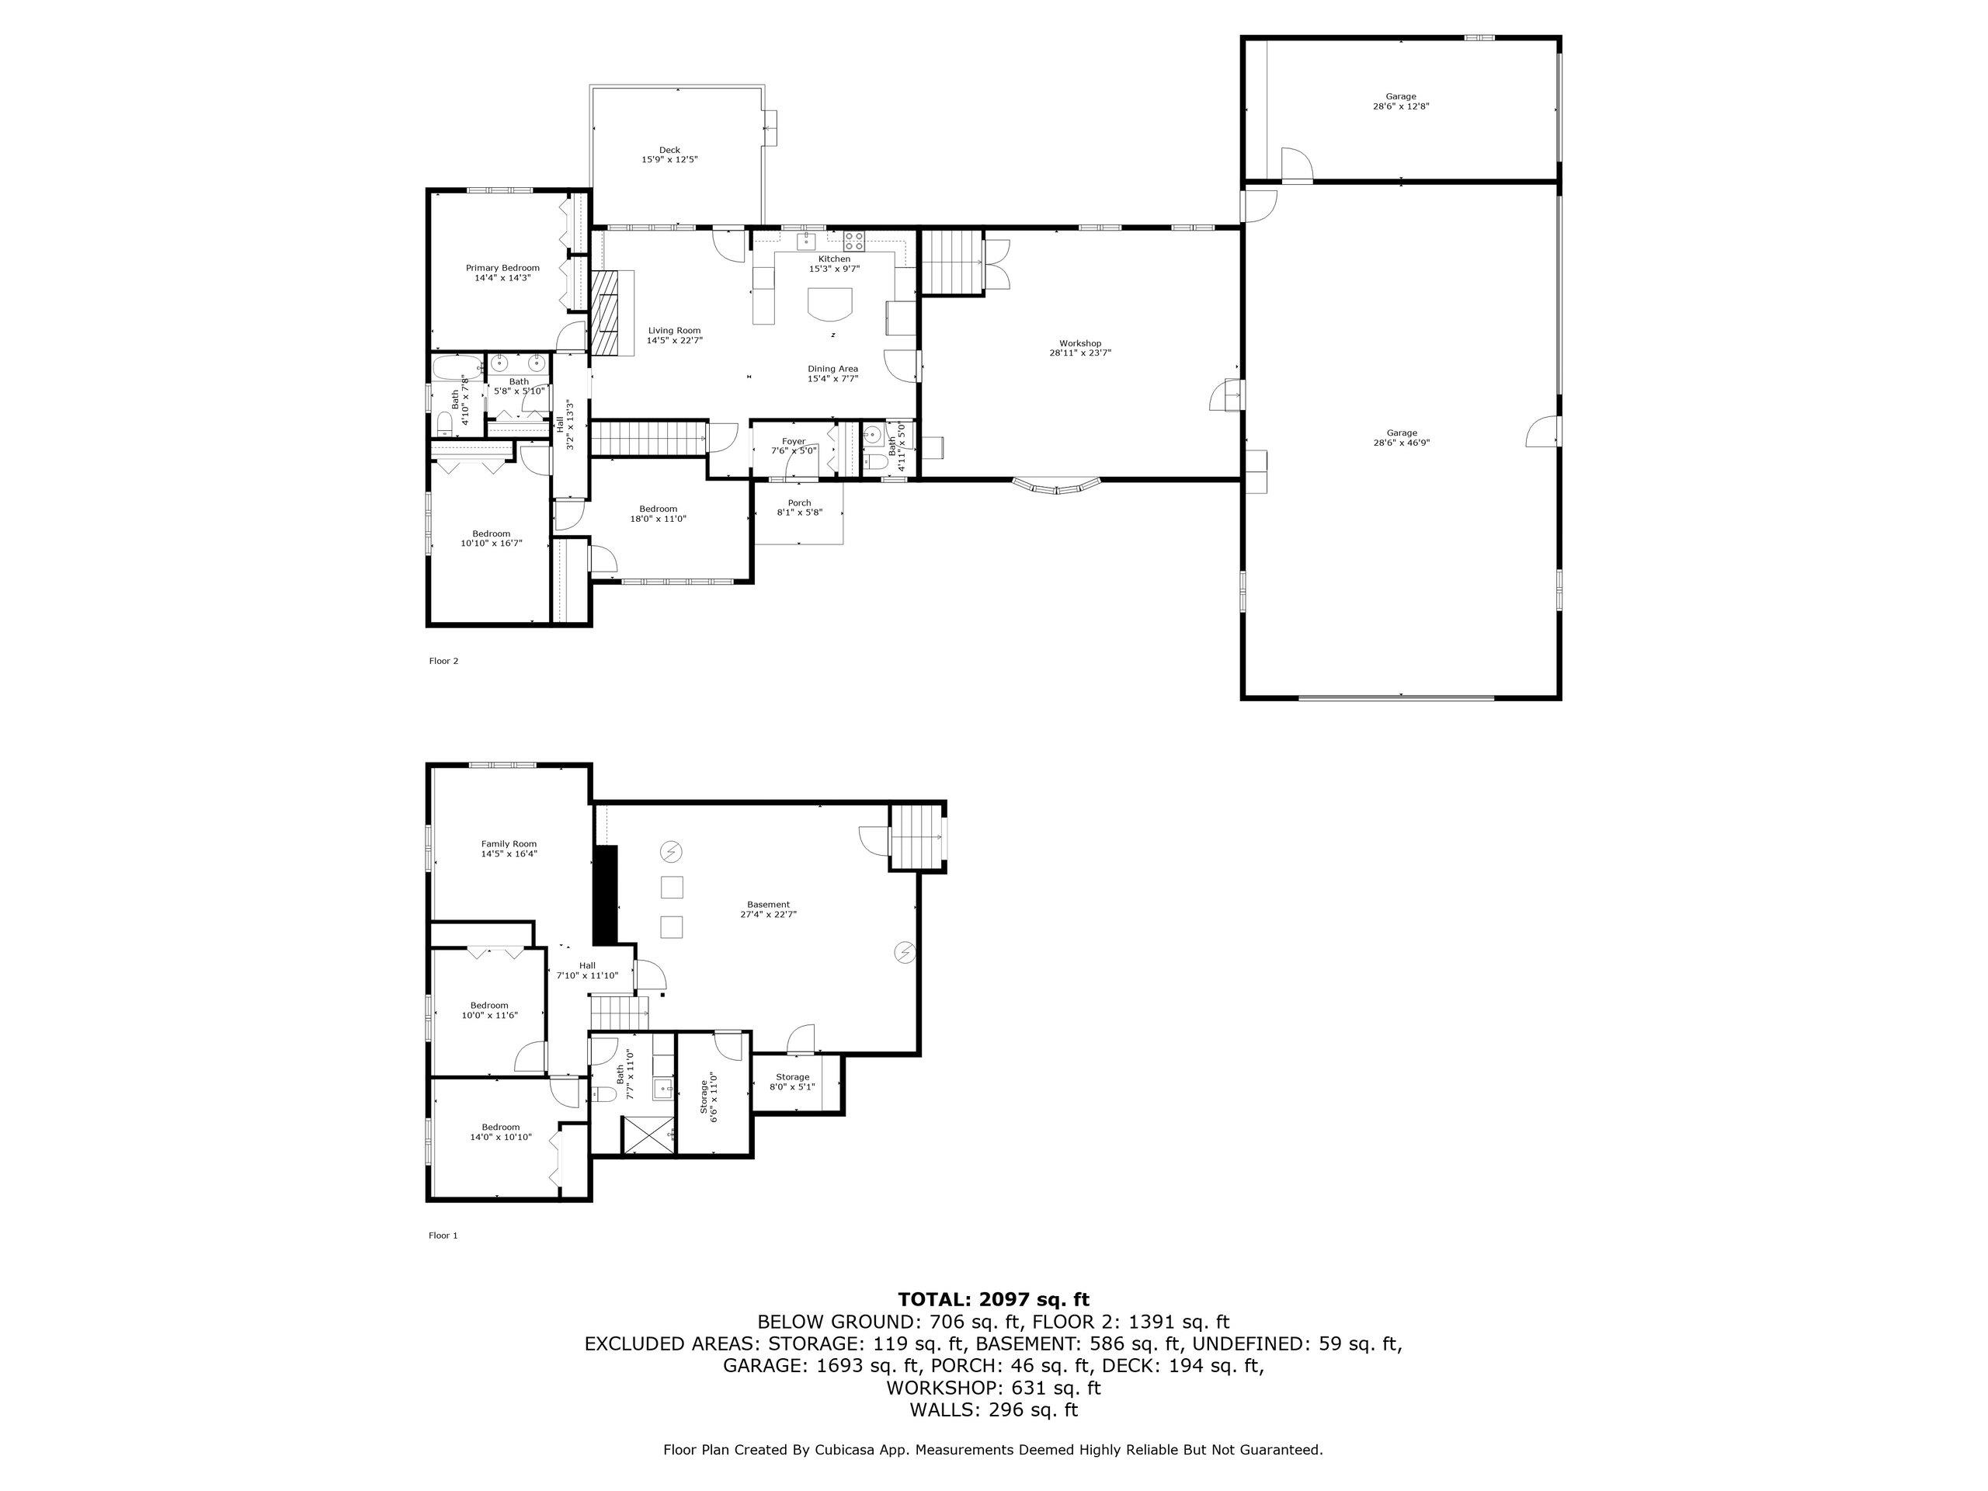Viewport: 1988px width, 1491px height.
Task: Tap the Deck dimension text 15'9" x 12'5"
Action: [x=669, y=160]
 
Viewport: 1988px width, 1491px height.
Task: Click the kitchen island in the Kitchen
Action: [x=829, y=304]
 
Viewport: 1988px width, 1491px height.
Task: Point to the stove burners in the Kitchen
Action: [x=853, y=241]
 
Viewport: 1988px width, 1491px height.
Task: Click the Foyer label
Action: [x=794, y=441]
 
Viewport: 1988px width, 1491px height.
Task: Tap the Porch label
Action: [x=799, y=503]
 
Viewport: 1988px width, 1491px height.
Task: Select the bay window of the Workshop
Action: [x=1056, y=486]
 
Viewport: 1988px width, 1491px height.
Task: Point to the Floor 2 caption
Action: [x=444, y=662]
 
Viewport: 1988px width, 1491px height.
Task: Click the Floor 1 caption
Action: [x=443, y=1236]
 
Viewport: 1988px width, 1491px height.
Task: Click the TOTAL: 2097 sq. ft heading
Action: [x=993, y=1299]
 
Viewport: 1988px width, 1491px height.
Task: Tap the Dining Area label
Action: [x=832, y=369]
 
